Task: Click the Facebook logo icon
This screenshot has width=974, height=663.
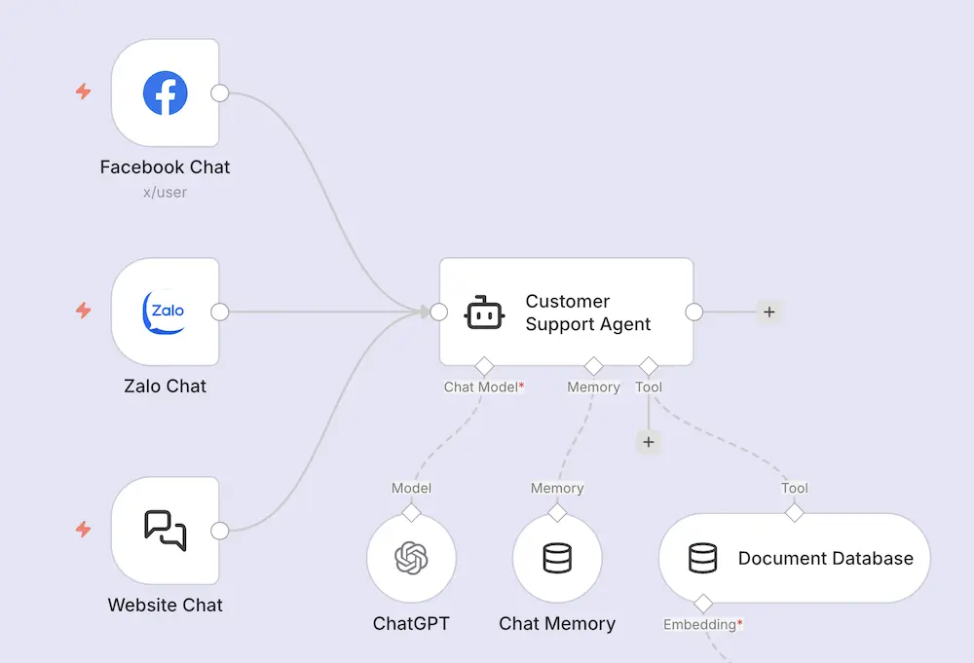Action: pos(166,93)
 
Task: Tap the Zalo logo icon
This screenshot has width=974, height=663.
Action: pos(166,312)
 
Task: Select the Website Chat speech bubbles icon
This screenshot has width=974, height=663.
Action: pos(166,531)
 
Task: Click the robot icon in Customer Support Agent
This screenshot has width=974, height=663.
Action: pos(484,313)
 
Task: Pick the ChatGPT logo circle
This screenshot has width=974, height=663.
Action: pos(411,558)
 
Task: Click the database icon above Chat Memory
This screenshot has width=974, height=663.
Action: pos(557,558)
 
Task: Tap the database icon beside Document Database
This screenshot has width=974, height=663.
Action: pos(702,558)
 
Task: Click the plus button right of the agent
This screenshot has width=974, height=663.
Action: pos(769,313)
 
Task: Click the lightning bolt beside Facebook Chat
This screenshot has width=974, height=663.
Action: pos(84,92)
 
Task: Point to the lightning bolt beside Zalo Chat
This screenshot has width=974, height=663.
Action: pos(84,311)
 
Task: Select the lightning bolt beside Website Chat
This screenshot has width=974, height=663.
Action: pos(84,530)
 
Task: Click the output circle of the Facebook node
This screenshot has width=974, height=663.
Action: pos(220,93)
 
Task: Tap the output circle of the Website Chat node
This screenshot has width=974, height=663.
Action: pos(220,531)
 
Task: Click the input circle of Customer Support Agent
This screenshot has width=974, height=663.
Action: pos(439,313)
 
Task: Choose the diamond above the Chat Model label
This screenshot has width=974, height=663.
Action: pos(484,366)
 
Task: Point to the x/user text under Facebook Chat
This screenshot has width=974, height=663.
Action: pos(166,193)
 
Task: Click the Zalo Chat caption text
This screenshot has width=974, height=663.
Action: pos(166,387)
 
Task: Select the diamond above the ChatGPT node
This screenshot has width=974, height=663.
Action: pos(411,511)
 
